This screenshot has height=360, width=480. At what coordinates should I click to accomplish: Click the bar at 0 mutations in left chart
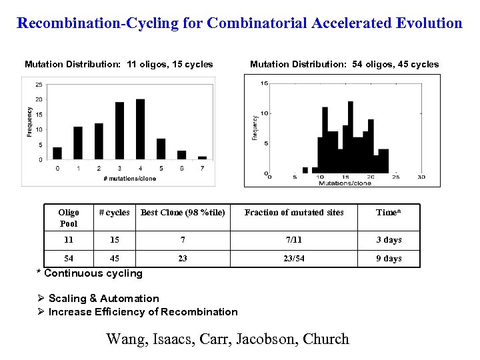coord(57,154)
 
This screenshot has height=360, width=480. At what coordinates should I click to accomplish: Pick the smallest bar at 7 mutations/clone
coord(202,158)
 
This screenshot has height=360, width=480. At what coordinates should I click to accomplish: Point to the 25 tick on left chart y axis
coord(39,85)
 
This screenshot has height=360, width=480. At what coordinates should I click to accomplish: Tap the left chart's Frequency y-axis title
coord(29,122)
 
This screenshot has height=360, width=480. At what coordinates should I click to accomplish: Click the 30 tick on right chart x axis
coord(421,177)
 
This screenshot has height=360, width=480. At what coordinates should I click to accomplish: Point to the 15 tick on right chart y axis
coord(265,83)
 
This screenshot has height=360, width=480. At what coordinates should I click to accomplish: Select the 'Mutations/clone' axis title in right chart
coord(345,183)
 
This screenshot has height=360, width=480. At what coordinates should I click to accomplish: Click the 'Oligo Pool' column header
coord(69,218)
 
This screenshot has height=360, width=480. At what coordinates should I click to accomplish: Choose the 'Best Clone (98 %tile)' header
coord(183,213)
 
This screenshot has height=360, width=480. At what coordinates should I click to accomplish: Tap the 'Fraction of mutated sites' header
coord(294,213)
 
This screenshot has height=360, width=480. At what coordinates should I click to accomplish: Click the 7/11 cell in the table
coord(294,240)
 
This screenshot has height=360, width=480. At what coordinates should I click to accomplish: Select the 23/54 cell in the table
coord(294,259)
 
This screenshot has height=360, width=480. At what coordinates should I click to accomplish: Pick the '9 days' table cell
coord(388,259)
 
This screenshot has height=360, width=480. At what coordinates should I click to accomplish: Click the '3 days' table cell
coord(388,240)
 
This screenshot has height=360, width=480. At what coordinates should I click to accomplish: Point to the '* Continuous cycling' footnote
coord(89,273)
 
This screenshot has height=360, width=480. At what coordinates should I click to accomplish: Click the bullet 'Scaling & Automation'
coord(103,299)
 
